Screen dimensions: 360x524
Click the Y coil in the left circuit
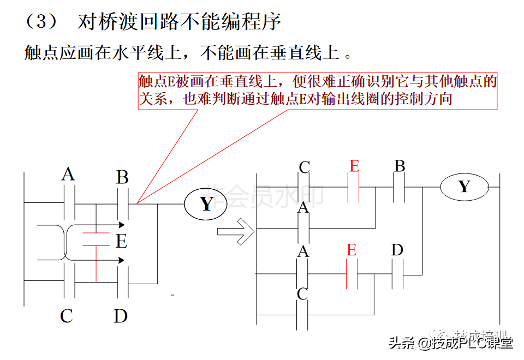[x=206, y=204]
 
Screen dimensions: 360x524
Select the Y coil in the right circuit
[x=463, y=187]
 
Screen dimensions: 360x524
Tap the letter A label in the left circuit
[x=68, y=175]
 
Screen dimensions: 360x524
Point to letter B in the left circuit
[x=122, y=177]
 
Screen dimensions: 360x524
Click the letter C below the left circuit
[x=67, y=316]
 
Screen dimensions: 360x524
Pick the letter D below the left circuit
[x=121, y=316]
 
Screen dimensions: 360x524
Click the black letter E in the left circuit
[x=121, y=241]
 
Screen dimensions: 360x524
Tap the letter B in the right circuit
[x=400, y=166]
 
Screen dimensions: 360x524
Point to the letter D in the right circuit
[x=397, y=250]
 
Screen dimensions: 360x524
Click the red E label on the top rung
[x=354, y=166]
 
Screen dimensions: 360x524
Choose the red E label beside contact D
[x=352, y=250]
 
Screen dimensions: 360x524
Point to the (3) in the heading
[x=41, y=22]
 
